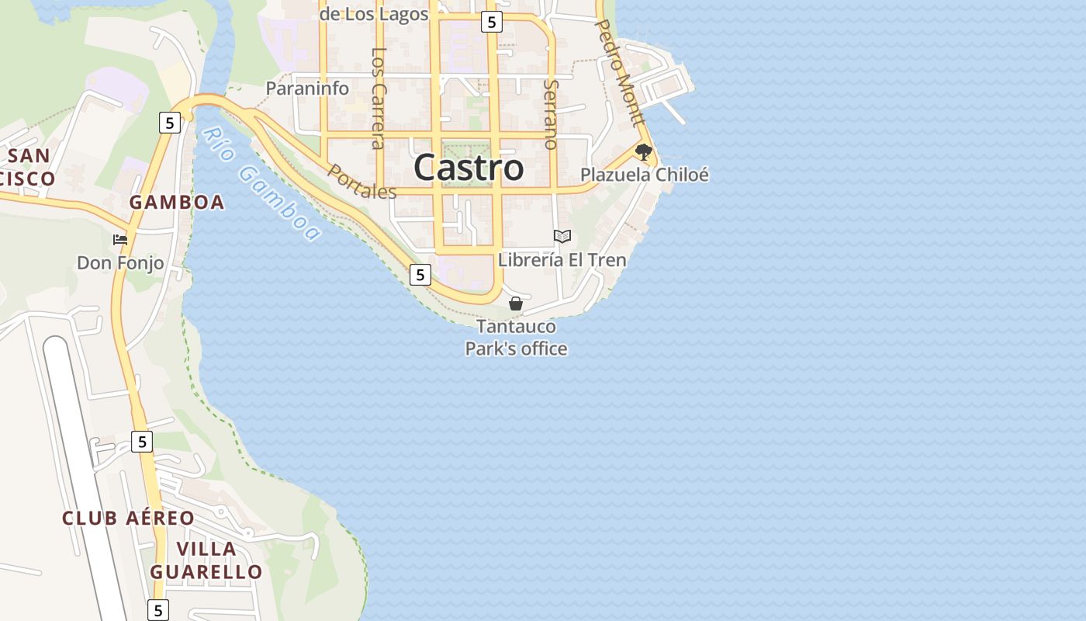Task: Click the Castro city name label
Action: [469, 168]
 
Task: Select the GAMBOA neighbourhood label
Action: [177, 203]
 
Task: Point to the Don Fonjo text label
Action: [120, 263]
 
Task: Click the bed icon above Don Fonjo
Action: [119, 239]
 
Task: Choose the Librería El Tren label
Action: [562, 260]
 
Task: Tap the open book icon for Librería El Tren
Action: [562, 236]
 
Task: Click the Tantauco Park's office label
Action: [516, 338]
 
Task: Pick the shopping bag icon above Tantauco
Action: [515, 304]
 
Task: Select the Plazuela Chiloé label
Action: [645, 175]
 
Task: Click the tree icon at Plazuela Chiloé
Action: [642, 151]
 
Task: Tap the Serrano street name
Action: [551, 113]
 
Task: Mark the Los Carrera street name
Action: [378, 98]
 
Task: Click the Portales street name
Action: [362, 182]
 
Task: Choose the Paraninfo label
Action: [307, 88]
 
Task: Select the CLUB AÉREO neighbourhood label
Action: [129, 519]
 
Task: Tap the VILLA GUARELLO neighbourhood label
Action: [206, 560]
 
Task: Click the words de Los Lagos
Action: [374, 14]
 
